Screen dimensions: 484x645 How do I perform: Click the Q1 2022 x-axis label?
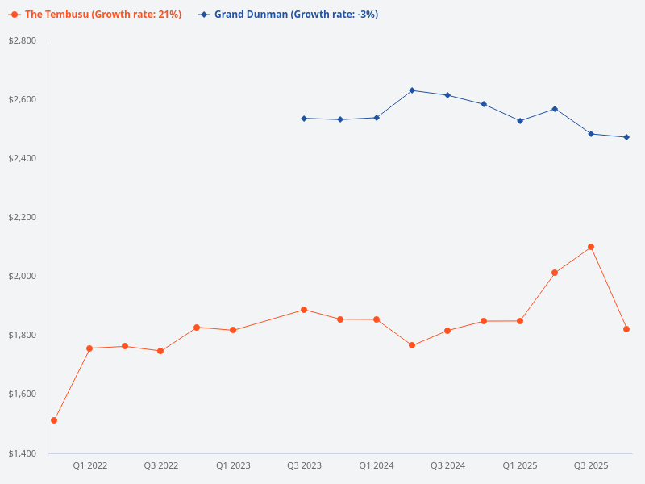[x=90, y=465]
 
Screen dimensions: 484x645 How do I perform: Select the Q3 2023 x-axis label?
[x=304, y=465]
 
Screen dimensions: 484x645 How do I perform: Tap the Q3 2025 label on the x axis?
[x=591, y=465]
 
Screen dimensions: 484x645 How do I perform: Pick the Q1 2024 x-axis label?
[x=377, y=465]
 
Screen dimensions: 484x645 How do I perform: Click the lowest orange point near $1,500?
[x=54, y=420]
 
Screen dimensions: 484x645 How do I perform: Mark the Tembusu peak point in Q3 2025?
[x=591, y=247]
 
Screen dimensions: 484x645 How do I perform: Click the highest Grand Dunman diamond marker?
[x=412, y=90]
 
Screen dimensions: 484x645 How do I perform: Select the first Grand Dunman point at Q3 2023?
[x=304, y=119]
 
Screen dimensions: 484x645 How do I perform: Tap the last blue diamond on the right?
[x=626, y=137]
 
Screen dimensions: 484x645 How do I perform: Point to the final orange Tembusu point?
[x=626, y=329]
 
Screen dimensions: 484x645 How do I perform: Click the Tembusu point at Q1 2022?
[x=89, y=348]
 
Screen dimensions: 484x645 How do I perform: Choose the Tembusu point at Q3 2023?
[x=304, y=310]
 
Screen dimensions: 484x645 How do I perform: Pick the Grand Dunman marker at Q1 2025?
[x=520, y=121]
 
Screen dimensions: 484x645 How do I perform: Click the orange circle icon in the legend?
[x=15, y=15]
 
